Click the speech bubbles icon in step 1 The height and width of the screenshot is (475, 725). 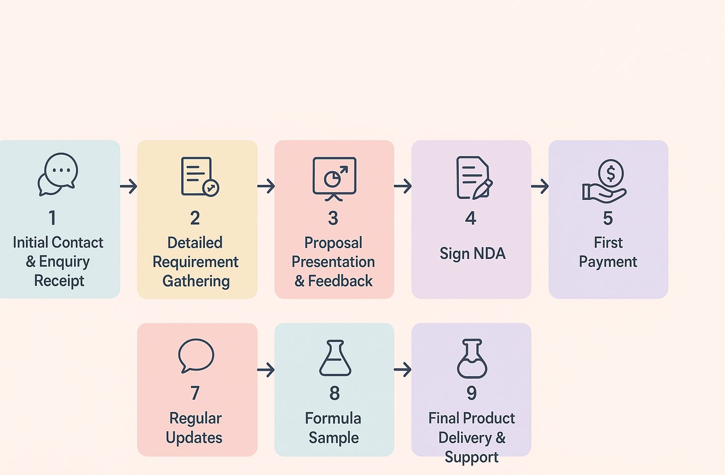(58, 174)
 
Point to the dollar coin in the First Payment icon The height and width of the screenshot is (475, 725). (611, 173)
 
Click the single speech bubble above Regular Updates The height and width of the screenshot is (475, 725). (196, 355)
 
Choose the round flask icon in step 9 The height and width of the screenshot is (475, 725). (472, 358)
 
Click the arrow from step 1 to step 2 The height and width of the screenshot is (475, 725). (129, 186)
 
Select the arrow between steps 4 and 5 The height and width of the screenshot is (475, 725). (540, 186)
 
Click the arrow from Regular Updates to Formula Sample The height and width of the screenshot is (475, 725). (266, 370)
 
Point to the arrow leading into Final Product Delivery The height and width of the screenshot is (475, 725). (403, 370)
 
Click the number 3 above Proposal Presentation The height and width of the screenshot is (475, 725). (333, 218)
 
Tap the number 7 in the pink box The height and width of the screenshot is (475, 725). (195, 393)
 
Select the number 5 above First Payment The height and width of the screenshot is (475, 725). (608, 218)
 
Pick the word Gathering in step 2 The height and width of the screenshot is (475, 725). (196, 281)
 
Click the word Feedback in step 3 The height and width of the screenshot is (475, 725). (340, 281)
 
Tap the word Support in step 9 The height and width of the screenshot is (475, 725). (471, 457)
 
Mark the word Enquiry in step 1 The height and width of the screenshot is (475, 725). (64, 261)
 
